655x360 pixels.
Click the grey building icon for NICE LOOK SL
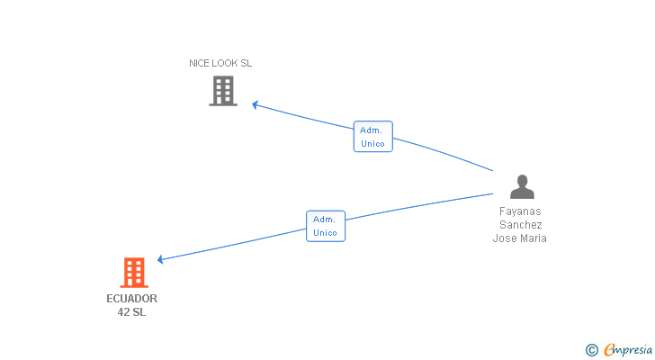tap(223, 91)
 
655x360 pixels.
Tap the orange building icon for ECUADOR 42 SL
tap(133, 272)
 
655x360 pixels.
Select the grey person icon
tap(522, 186)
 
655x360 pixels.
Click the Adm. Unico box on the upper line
tap(372, 137)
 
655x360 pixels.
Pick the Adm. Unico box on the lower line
tap(326, 226)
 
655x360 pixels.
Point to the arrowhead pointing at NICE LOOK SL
tap(255, 104)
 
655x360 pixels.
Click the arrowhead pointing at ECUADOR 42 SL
tap(160, 260)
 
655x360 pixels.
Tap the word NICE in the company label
tap(200, 64)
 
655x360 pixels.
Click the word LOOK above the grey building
tap(226, 64)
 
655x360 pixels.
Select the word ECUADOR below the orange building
tap(131, 299)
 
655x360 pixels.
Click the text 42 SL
tap(131, 312)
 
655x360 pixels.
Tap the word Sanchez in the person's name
tap(521, 225)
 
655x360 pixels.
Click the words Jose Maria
tap(520, 238)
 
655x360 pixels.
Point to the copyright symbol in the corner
tap(591, 349)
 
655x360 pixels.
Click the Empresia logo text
tap(623, 349)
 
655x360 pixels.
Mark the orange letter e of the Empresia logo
tap(609, 349)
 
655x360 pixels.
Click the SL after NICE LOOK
tap(247, 64)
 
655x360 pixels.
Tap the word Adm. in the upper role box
tap(372, 130)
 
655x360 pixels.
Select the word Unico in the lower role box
tap(326, 233)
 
